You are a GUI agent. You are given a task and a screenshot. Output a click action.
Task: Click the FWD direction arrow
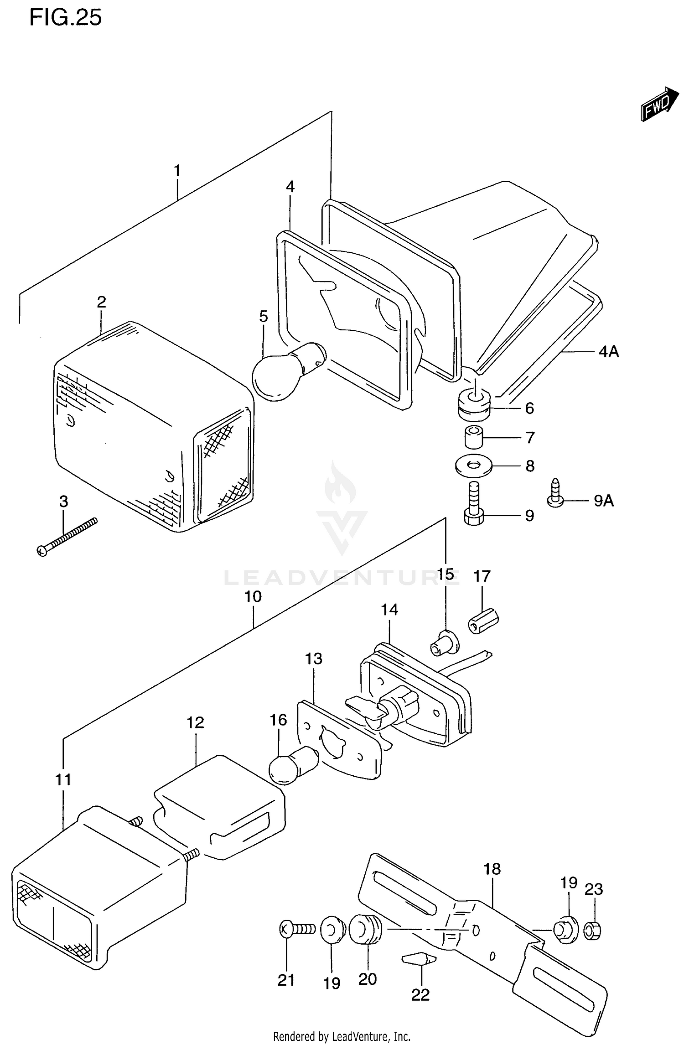(659, 104)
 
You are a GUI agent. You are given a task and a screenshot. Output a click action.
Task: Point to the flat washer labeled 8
(473, 466)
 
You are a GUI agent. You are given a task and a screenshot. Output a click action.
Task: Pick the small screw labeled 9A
(555, 494)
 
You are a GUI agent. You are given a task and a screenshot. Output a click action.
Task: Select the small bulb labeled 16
(290, 765)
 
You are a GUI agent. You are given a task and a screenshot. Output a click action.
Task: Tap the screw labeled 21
(297, 928)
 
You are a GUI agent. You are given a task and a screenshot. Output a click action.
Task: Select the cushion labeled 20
(365, 929)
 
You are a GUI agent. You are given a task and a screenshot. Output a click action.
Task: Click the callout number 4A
(608, 351)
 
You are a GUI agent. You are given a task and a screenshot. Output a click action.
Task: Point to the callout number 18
(492, 869)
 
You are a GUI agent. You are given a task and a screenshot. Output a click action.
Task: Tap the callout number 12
(195, 722)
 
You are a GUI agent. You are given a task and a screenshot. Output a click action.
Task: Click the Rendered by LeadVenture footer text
(342, 1036)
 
